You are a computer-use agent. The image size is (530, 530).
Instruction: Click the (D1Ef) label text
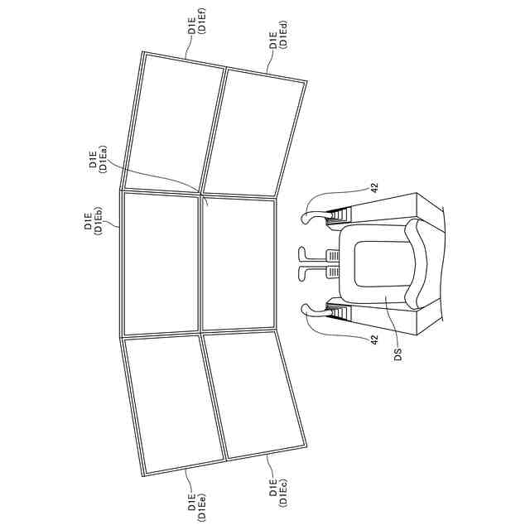pos(201,20)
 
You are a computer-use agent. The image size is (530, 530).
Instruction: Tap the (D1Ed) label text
pos(283,34)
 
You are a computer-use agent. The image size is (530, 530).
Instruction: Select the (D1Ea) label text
pos(103,159)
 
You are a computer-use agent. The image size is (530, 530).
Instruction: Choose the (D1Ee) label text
pos(201,506)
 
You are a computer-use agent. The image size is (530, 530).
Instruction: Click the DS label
pos(399,354)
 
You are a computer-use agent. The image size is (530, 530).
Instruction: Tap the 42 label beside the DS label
pos(374,340)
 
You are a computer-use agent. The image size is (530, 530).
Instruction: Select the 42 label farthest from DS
pos(374,188)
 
